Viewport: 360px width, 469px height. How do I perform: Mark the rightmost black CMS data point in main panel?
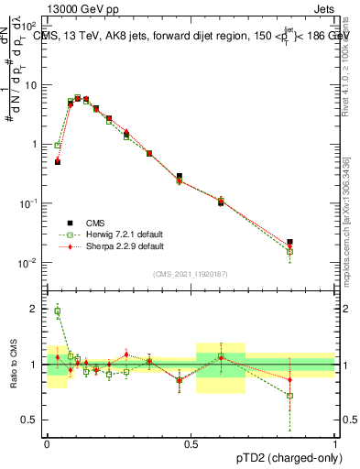pyautogui.click(x=289, y=243)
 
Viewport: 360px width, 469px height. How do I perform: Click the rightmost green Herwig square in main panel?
pyautogui.click(x=289, y=251)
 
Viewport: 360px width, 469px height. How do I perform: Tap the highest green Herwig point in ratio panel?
pyautogui.click(x=58, y=311)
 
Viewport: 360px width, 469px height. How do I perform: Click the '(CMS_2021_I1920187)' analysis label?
pyautogui.click(x=191, y=274)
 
